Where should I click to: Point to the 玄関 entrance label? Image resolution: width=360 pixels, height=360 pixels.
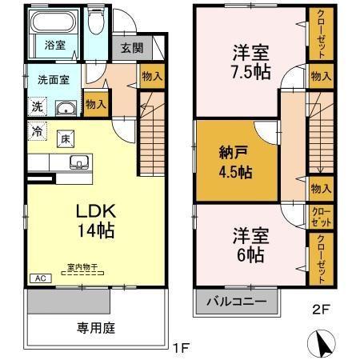132,48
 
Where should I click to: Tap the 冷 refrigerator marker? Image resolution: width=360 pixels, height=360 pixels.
38,128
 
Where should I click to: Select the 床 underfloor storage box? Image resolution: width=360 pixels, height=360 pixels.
66,138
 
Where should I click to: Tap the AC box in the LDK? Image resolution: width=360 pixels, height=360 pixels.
39,278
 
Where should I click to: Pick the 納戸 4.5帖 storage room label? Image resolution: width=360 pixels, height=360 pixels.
235,162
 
